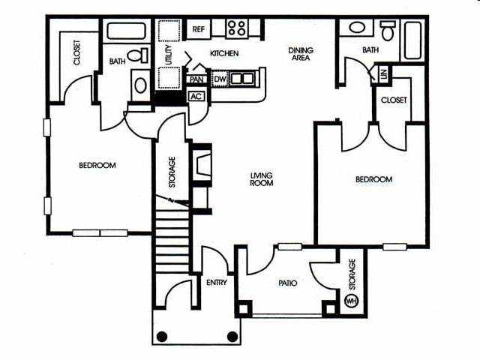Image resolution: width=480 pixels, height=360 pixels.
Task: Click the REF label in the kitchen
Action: (x=199, y=29)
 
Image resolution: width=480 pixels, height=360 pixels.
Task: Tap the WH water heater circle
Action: (x=350, y=301)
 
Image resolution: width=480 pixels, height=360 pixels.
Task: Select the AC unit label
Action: (x=196, y=96)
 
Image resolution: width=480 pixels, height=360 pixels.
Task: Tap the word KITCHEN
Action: (x=224, y=54)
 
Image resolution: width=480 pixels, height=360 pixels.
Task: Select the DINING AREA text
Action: (x=301, y=55)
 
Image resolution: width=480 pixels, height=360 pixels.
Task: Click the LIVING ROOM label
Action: (x=262, y=179)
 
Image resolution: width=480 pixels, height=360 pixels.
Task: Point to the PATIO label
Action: (x=287, y=283)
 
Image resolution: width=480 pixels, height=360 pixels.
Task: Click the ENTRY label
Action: (x=216, y=283)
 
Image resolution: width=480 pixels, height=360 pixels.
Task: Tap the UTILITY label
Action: (x=169, y=56)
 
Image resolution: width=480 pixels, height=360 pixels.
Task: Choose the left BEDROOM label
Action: (x=97, y=165)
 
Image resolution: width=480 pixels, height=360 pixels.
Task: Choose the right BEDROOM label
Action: (x=373, y=180)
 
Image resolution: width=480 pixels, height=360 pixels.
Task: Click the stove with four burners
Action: (x=236, y=28)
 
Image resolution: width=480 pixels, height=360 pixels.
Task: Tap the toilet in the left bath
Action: (x=137, y=56)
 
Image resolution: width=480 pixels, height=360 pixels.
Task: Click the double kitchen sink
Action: (x=241, y=77)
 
